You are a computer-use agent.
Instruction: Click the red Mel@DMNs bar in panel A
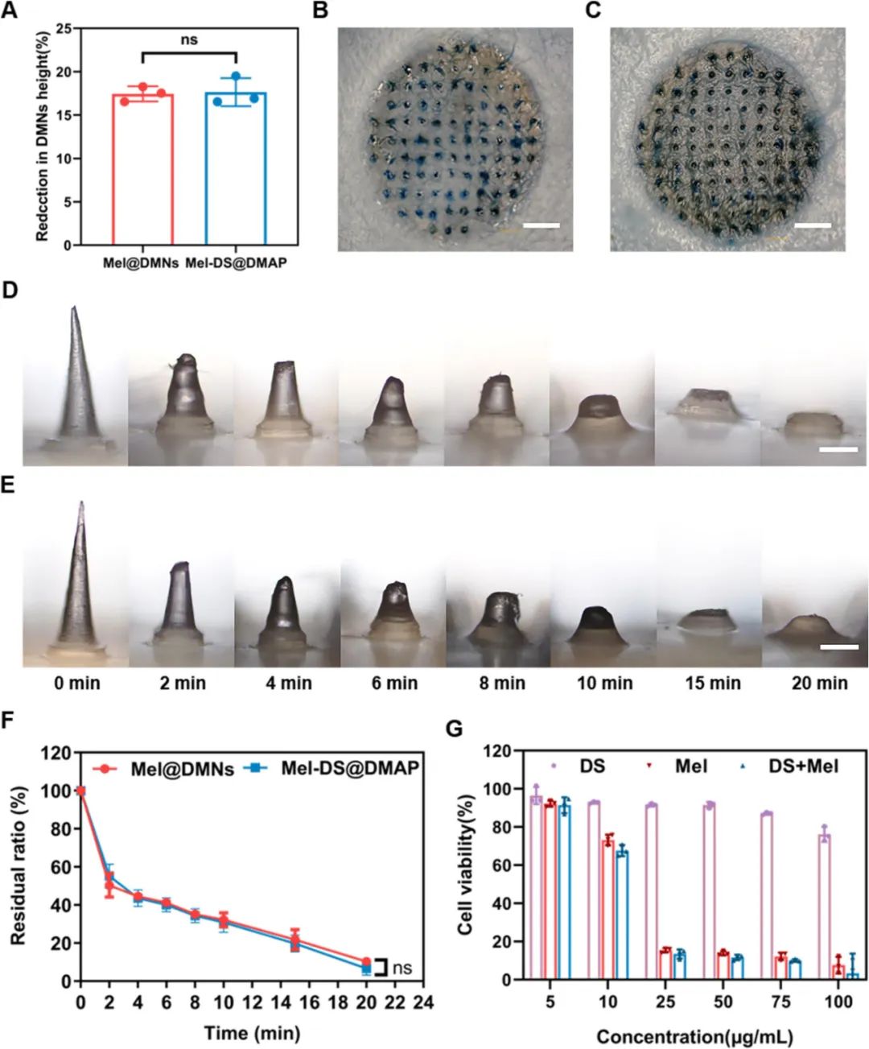(142, 169)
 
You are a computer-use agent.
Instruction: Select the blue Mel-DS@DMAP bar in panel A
(236, 169)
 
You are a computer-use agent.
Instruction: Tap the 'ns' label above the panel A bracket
(189, 39)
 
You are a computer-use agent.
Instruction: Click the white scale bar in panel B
(541, 225)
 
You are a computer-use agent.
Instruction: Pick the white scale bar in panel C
(812, 225)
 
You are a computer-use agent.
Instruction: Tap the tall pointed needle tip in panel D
(74, 309)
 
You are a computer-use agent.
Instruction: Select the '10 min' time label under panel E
(604, 684)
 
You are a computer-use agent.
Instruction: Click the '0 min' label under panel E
(77, 684)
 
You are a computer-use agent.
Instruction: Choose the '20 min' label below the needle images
(819, 684)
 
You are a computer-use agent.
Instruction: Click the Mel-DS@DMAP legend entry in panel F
(349, 768)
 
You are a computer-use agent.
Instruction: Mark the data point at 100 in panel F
(80, 791)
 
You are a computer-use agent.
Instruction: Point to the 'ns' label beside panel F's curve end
(402, 968)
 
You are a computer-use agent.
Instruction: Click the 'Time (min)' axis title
(251, 1033)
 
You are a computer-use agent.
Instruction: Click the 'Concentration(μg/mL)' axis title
(694, 1036)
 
